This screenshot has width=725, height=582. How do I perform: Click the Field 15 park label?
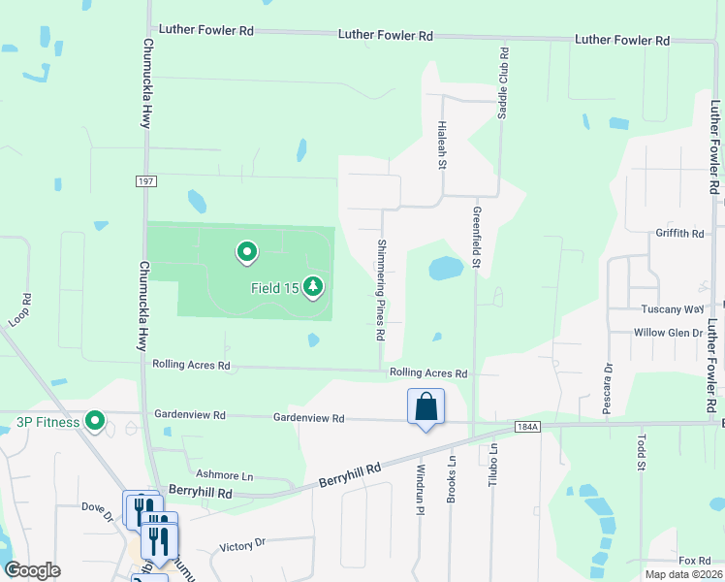274,288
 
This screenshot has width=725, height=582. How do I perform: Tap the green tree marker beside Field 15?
313,286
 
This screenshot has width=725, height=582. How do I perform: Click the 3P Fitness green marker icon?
94,421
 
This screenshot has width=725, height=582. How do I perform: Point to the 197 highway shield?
146,181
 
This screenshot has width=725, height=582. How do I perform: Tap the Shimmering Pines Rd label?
381,290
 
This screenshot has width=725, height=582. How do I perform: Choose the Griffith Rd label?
678,234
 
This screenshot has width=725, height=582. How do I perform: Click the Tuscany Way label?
672,309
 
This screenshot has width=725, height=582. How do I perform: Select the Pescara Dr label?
609,388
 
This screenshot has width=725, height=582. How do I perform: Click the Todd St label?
641,453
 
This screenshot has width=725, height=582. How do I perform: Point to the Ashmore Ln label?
224,476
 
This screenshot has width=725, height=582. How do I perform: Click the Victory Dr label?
242,545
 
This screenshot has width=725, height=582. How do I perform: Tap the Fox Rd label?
694,561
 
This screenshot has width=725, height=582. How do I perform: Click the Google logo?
32,570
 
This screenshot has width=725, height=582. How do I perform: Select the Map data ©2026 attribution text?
683,574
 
